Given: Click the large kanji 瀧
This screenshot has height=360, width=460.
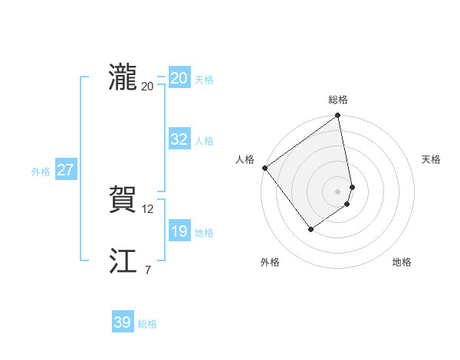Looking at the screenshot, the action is [123, 78].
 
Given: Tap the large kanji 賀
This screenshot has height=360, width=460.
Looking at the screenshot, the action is [123, 201].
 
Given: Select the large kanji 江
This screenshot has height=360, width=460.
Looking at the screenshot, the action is [123, 262].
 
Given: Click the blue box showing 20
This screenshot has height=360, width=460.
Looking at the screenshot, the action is [179, 78].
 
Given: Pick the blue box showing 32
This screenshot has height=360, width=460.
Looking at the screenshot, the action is [179, 139].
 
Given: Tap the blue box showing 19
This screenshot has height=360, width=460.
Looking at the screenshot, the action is [179, 231].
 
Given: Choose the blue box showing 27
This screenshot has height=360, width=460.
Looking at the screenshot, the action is [65, 170].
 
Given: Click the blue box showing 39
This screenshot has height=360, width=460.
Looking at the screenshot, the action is [122, 322].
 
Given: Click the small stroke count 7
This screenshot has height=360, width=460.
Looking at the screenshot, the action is [147, 270].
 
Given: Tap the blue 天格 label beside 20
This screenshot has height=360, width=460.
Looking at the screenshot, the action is [204, 80].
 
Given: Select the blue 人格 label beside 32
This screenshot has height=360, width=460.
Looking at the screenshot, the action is [204, 141].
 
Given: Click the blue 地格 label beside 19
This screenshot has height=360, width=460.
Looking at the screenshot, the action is [204, 233].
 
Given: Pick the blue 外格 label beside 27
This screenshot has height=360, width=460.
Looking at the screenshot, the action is [41, 172].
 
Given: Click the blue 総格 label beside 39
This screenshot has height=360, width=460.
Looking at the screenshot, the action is [147, 324].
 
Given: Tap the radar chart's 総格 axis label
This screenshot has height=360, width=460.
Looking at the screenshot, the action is [338, 100].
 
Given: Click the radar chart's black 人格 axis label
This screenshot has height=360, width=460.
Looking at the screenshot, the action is [245, 159].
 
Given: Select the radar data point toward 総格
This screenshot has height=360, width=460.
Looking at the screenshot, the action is [337, 116].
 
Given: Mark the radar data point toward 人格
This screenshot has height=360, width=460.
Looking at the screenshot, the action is [264, 168].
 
